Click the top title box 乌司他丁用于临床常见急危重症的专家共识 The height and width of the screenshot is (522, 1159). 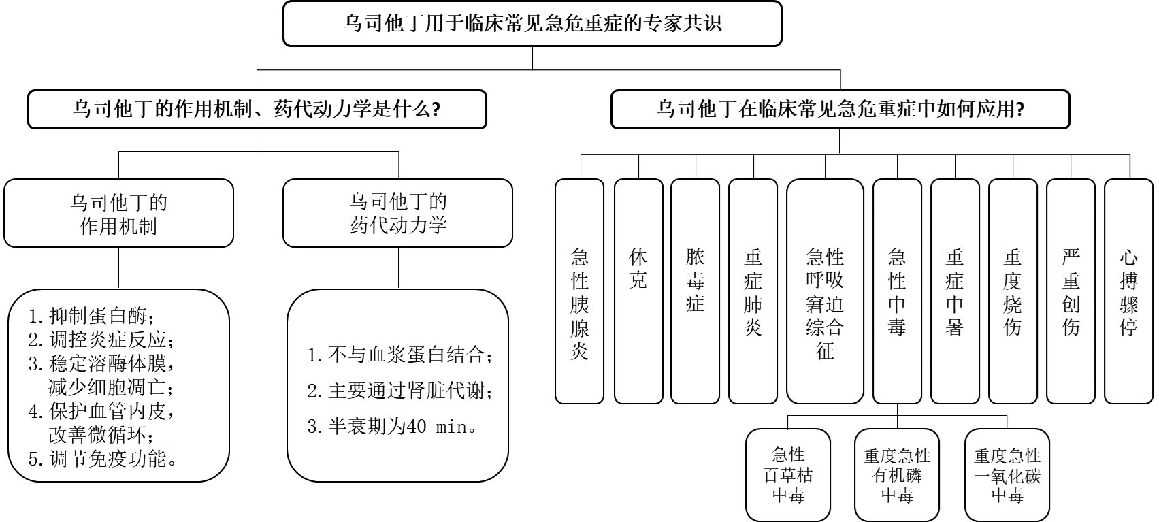(532, 24)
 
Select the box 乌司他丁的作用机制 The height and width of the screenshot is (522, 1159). (118, 213)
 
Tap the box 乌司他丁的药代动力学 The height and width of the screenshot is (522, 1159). (397, 213)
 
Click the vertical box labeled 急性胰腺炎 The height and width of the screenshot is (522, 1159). (579, 291)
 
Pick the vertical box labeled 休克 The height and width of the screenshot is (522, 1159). (638, 291)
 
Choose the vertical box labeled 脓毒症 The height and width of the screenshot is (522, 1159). (695, 291)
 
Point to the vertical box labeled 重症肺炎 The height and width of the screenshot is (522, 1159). (753, 291)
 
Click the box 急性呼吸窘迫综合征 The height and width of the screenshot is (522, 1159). (825, 291)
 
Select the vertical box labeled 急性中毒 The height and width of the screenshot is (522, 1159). (897, 291)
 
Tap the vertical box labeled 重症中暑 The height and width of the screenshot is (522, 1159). (955, 291)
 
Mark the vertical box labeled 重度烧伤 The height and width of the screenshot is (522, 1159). (1013, 291)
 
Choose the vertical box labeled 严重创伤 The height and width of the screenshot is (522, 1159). (1071, 291)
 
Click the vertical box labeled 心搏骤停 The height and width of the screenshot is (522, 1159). (1128, 291)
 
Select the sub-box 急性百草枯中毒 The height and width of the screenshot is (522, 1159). (788, 474)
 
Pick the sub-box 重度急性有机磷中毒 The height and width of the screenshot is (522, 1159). (897, 474)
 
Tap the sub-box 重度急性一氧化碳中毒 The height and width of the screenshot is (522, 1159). (1007, 474)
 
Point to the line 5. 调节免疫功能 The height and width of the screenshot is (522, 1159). (103, 459)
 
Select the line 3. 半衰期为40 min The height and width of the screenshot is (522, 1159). (393, 427)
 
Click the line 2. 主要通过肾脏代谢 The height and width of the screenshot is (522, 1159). (400, 391)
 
